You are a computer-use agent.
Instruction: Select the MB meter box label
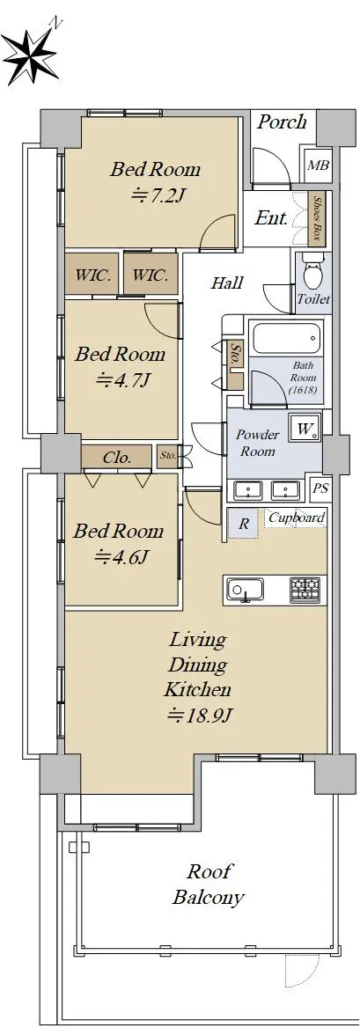point(318,165)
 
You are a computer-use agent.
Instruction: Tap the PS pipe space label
point(320,488)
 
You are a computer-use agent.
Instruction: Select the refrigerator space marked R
point(243,523)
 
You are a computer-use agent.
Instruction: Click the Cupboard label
point(297,518)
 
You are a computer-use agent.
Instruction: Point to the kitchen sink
point(245,590)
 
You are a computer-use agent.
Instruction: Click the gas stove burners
point(305,590)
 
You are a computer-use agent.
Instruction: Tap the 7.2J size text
point(155,196)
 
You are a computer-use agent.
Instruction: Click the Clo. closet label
point(118,457)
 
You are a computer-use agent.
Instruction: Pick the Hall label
point(227,283)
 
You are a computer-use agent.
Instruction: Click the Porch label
point(282,122)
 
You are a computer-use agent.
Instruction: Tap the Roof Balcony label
point(208,885)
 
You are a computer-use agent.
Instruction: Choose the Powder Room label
point(258,444)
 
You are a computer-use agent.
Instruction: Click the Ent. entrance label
point(271,219)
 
